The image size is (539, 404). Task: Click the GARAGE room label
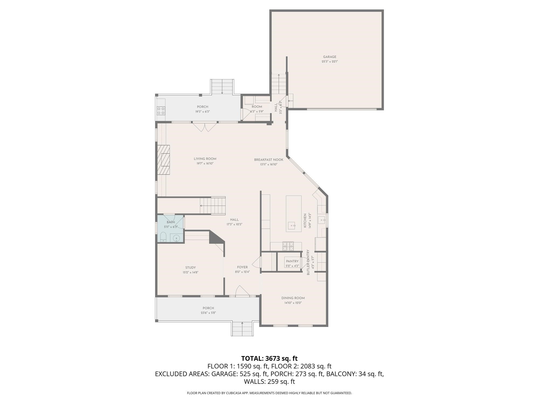(330, 57)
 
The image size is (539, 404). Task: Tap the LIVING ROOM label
(205, 159)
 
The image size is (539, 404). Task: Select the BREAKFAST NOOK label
(269, 160)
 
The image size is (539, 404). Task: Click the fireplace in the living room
(164, 160)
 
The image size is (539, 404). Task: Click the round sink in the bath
(176, 238)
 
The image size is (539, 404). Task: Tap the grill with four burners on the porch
(161, 111)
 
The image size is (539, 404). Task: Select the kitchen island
(293, 214)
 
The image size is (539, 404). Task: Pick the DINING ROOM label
(293, 298)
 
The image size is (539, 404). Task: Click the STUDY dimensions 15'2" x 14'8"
(190, 272)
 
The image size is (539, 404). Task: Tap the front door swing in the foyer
(242, 291)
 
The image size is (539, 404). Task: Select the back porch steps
(222, 87)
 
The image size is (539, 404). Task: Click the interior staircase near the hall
(213, 206)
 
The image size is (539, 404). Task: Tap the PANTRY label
(292, 261)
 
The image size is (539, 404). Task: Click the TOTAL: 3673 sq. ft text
(269, 358)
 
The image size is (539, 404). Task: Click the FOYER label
(242, 267)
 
